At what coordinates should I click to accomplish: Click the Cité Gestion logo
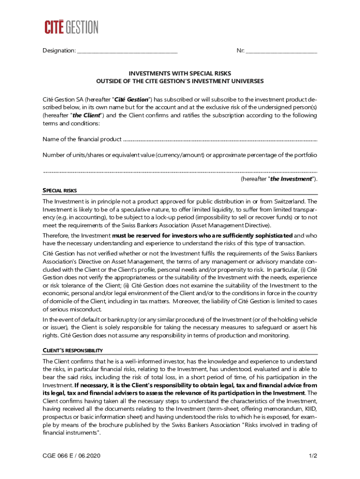click(72, 27)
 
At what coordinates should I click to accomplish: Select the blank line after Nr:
click(281, 51)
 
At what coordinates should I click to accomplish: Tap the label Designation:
click(59, 51)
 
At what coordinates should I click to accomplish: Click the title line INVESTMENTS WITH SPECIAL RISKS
click(180, 73)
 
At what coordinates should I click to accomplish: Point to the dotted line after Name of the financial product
click(220, 139)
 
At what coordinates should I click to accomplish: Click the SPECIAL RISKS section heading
click(60, 190)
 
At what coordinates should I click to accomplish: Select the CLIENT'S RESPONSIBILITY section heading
click(72, 350)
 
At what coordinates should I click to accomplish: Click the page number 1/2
click(313, 456)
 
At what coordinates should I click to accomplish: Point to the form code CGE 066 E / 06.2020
click(72, 456)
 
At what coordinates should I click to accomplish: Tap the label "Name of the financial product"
click(82, 139)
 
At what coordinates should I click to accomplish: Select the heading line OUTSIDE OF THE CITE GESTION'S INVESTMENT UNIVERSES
click(180, 81)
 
